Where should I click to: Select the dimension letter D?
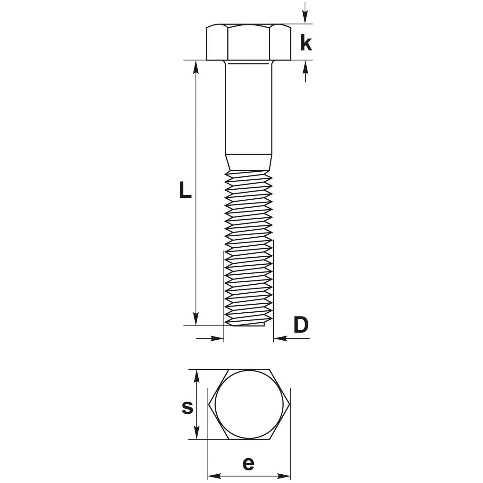pos(301,325)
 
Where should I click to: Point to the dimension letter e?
pos(248,464)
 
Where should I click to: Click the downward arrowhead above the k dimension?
pos(305,17)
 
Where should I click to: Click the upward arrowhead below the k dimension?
pos(305,67)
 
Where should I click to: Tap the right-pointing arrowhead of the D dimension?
pos(217,338)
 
